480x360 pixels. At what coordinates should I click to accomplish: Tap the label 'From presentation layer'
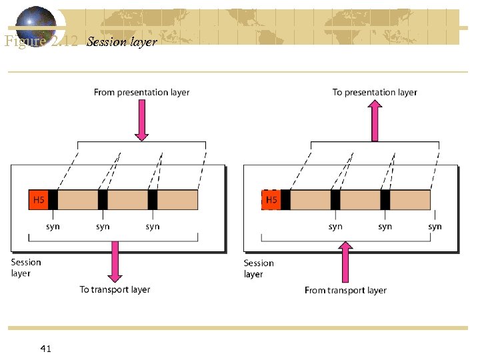point(141,93)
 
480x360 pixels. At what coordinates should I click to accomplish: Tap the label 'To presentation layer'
point(375,93)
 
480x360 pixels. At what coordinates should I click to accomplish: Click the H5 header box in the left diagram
point(39,199)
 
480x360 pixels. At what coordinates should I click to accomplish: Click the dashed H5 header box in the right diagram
point(271,199)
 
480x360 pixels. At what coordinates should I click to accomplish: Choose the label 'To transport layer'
point(115,289)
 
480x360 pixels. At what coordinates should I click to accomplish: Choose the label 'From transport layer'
point(345,290)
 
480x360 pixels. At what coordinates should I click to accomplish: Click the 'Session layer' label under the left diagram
point(26,267)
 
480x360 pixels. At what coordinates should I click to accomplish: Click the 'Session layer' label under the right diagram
point(259,268)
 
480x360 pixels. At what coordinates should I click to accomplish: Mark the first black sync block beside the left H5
point(53,199)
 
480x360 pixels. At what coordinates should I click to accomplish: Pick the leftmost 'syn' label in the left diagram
point(53,227)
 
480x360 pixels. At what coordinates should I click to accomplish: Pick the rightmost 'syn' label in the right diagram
point(435,227)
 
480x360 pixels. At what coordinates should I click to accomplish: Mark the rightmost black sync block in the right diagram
point(385,199)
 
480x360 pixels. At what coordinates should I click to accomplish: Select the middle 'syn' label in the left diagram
point(103,227)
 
